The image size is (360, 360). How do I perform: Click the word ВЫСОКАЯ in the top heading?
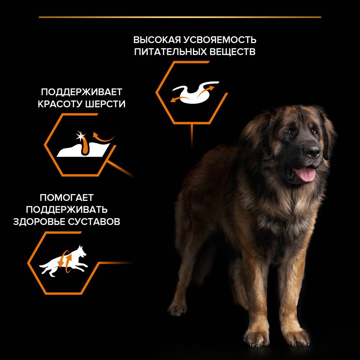[157, 40]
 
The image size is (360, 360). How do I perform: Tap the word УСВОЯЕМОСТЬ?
[220, 40]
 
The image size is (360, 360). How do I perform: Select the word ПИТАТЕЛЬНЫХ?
[170, 51]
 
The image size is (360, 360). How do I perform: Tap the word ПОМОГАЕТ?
[67, 197]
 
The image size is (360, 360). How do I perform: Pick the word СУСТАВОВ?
[94, 221]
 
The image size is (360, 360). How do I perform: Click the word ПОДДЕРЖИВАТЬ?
[67, 210]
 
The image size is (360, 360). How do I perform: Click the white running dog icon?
[63, 261]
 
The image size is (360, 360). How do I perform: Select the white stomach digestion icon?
[195, 92]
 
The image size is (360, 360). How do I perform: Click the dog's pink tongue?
[305, 175]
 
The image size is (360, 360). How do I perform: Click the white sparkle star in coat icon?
[80, 136]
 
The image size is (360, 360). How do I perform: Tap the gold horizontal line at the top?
[180, 17]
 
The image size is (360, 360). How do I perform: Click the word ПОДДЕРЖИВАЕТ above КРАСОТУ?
[81, 92]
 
